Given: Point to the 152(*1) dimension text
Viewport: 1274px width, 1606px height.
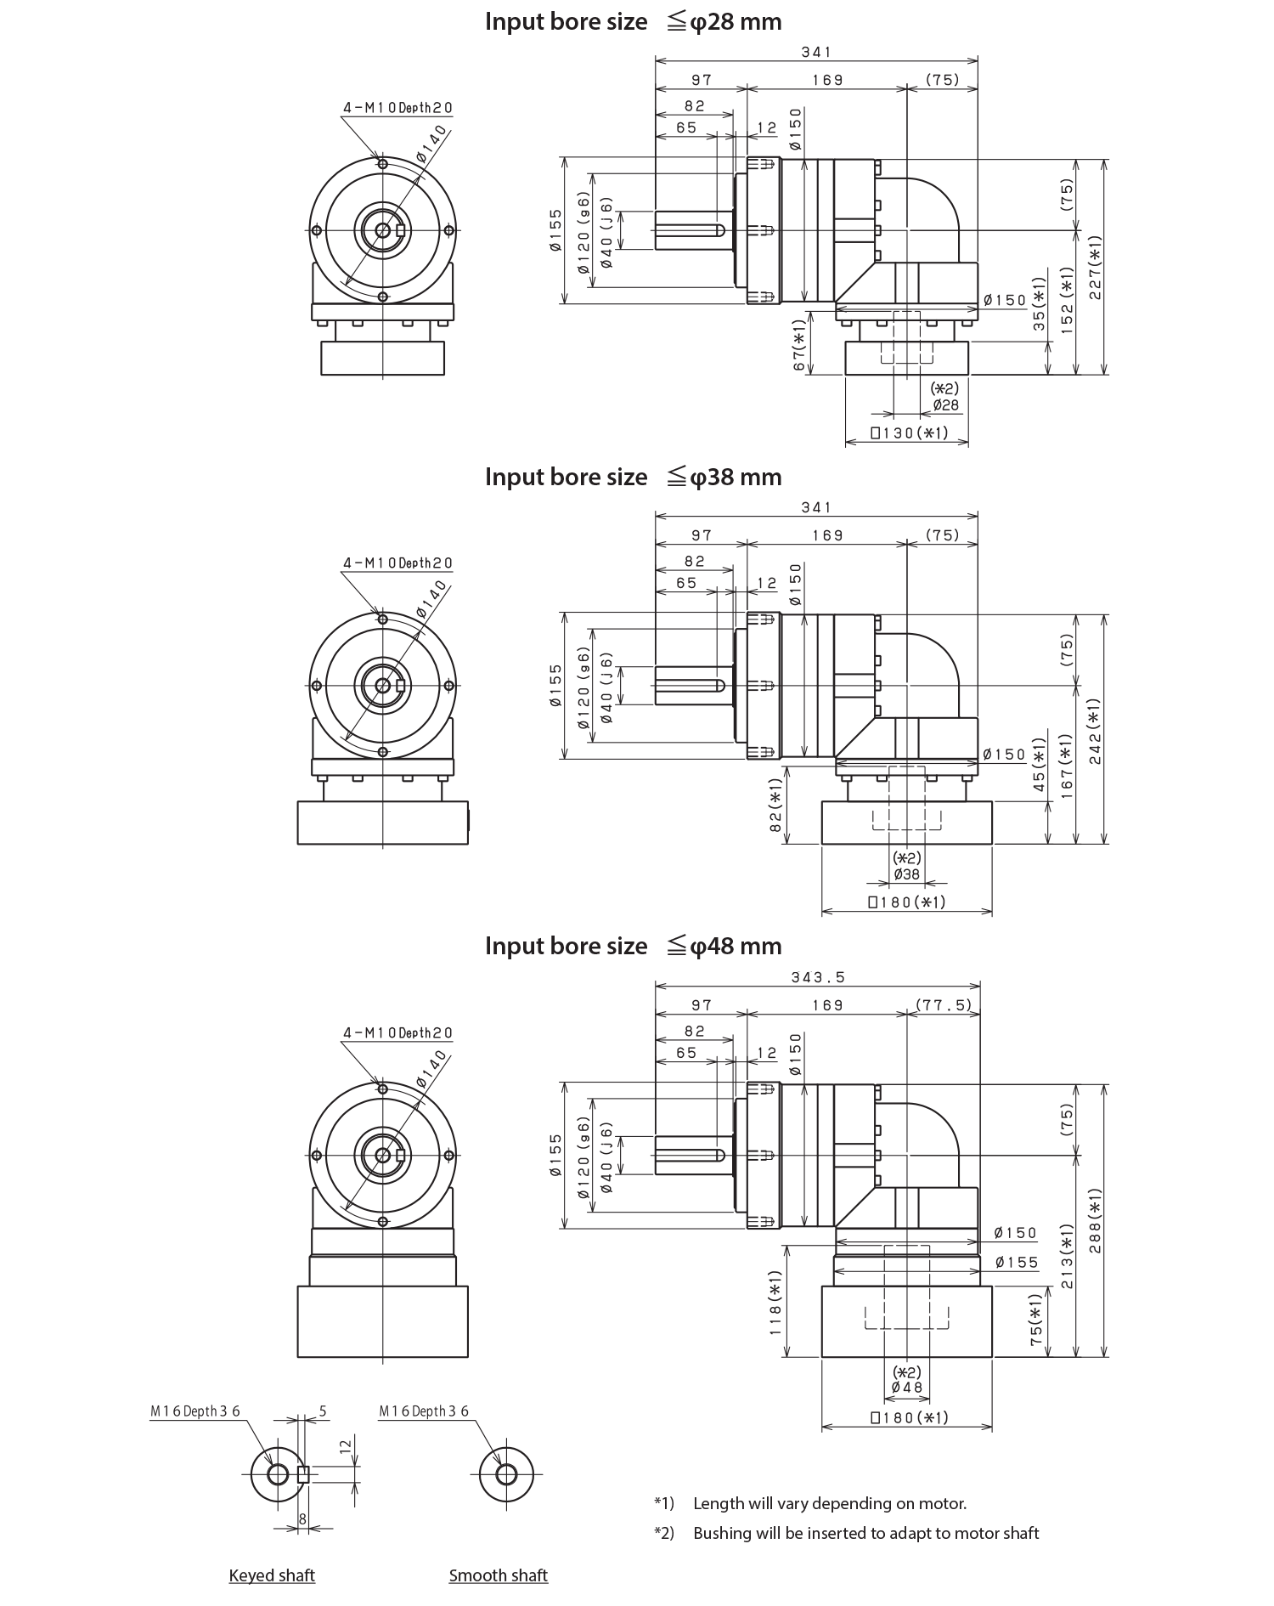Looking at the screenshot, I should [1068, 300].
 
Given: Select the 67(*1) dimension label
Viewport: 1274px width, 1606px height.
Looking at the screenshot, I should [798, 345].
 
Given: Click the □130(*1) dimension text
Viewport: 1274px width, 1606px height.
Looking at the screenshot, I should [908, 433].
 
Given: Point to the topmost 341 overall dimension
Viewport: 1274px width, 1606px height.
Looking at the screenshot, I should [816, 53].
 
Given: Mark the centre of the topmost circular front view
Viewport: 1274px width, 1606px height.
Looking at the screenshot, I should [389, 229].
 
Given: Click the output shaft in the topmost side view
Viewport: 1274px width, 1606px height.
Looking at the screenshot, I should [688, 230].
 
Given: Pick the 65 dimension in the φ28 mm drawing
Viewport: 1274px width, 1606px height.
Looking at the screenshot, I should [686, 127].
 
